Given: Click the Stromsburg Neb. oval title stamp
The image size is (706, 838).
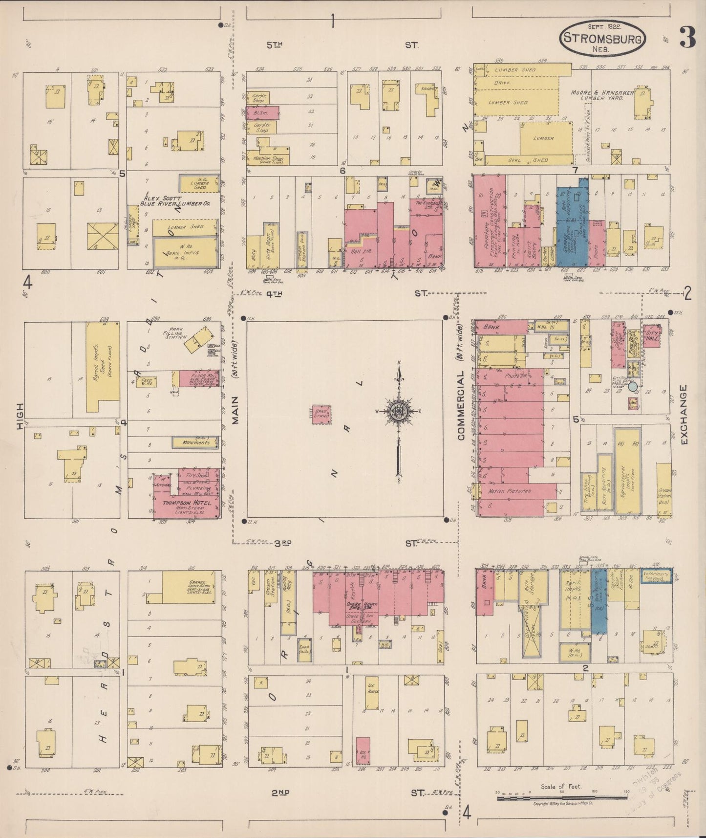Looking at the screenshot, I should click(602, 38).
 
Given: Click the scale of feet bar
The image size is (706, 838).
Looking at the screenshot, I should click(562, 798).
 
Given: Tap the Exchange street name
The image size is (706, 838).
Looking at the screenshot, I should click(683, 415).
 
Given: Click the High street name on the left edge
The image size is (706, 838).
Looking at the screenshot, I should click(20, 416).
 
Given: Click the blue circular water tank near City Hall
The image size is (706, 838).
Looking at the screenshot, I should click(633, 386).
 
